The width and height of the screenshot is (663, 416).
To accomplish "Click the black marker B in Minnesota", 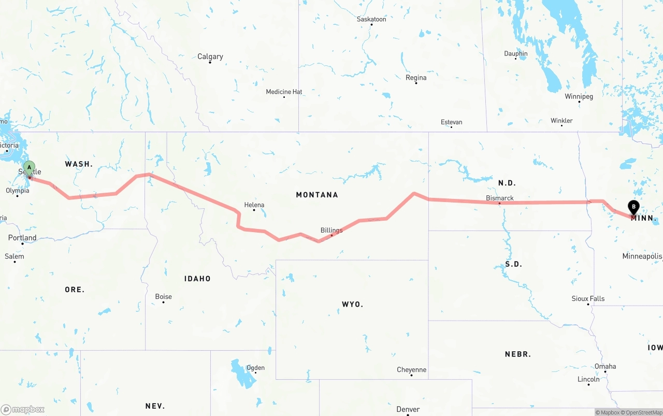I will click(633, 207).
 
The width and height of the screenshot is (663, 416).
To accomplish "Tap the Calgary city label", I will click(210, 56).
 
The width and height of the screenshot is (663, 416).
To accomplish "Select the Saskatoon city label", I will click(371, 19).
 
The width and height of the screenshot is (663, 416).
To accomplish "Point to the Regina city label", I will click(416, 78).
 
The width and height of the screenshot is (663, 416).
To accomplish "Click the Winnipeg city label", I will click(579, 96).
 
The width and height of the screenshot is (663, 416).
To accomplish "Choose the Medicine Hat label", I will click(284, 92).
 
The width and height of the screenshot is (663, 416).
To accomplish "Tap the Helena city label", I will click(254, 205).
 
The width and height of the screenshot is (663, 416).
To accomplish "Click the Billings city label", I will click(331, 230).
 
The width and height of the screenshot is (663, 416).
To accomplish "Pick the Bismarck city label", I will click(500, 198).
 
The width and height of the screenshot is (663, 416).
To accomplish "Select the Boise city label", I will click(164, 296).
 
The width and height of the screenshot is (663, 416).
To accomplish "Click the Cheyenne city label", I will click(412, 369).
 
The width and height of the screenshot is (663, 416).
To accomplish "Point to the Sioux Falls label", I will click(588, 298).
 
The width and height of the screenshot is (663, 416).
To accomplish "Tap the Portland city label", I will click(22, 238).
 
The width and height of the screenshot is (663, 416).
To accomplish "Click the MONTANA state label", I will click(317, 195).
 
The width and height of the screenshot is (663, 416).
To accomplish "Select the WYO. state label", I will click(352, 304).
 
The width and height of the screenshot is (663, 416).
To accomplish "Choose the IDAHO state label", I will click(197, 279).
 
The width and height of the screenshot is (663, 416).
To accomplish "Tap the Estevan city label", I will click(451, 122).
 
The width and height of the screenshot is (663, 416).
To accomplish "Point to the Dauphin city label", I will click(516, 53).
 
